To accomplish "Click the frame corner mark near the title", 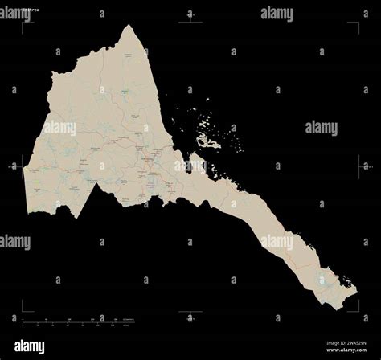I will [x=24, y=23].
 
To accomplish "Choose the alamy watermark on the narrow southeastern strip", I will [x=278, y=241].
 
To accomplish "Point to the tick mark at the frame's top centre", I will [x=190, y=22].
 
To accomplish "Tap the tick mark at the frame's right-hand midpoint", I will [x=358, y=167].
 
